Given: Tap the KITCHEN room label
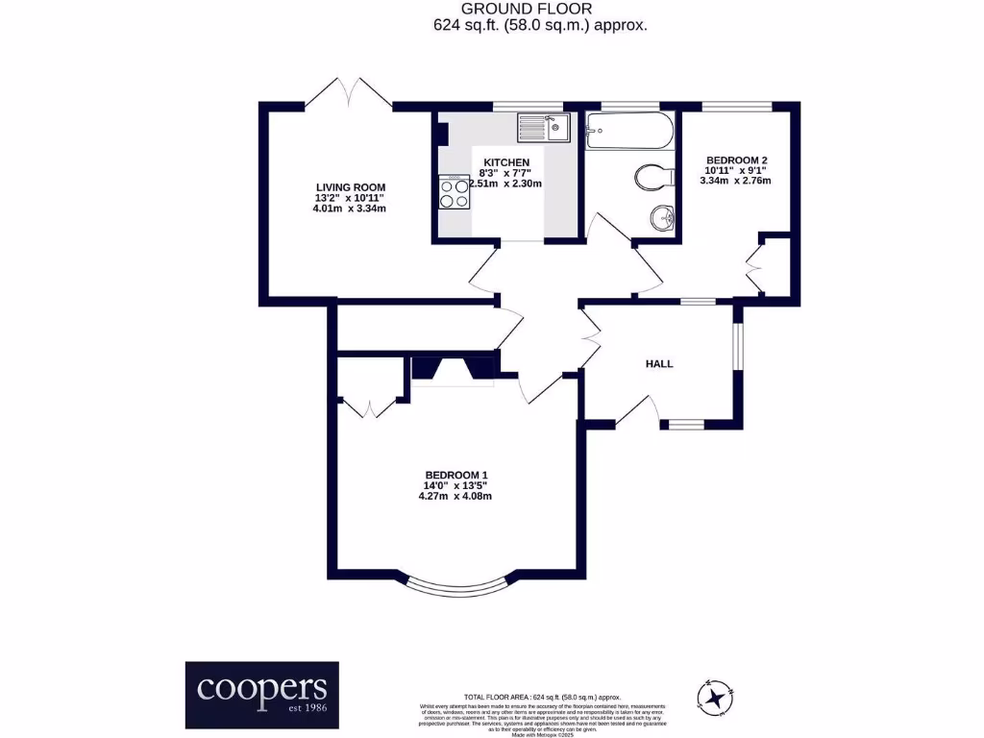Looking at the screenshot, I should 505,162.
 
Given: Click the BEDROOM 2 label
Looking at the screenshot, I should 737,160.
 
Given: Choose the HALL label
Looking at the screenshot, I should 659,364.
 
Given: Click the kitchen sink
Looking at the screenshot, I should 543,127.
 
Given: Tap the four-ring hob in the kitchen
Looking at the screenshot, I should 454,192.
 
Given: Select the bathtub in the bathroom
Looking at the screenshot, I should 629,132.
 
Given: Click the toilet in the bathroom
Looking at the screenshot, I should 652,178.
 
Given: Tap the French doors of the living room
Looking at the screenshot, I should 348,94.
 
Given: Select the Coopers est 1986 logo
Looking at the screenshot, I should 261,689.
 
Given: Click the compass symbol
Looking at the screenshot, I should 714,696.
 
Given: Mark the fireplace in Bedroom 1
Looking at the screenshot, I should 453,371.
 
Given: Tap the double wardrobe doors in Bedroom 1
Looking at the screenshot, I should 370,407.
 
